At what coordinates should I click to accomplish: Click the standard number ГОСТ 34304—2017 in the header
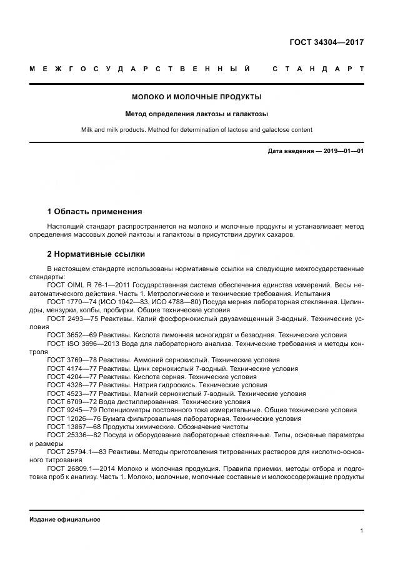pos(326,42)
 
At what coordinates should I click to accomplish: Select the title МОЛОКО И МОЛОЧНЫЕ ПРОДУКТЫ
pos(196,97)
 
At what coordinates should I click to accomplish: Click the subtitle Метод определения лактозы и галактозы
pos(196,114)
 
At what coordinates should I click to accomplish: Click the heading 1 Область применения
pos(94,212)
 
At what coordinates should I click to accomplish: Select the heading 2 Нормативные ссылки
pos(96,254)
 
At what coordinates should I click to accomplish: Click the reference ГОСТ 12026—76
pos(72,419)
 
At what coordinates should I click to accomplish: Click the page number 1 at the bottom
pos(362,531)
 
